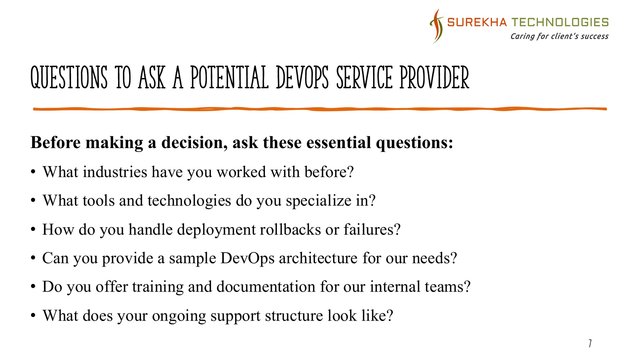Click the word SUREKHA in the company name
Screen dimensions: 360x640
pyautogui.click(x=477, y=22)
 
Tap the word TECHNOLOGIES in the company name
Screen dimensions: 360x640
pyautogui.click(x=560, y=22)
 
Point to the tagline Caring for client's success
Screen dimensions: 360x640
pyautogui.click(x=559, y=37)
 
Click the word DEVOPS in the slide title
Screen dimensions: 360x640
pyautogui.click(x=302, y=78)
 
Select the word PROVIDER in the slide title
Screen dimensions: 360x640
pyautogui.click(x=434, y=78)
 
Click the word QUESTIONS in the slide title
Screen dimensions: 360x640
pyautogui.click(x=69, y=78)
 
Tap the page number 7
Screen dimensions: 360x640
pyautogui.click(x=590, y=343)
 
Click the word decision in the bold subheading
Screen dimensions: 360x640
pyautogui.click(x=194, y=143)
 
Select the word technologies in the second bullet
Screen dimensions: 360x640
pyautogui.click(x=189, y=201)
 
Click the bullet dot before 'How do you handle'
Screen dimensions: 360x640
pyautogui.click(x=33, y=230)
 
